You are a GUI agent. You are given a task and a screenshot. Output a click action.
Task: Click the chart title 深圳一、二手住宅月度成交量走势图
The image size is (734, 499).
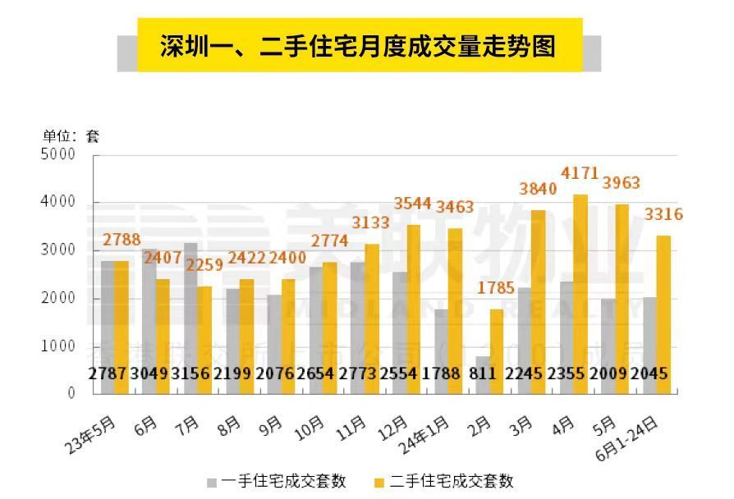tap(358, 46)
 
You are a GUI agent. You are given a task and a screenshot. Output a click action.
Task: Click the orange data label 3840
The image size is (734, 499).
tap(538, 189)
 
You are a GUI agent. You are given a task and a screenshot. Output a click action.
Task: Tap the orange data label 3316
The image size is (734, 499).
tap(663, 215)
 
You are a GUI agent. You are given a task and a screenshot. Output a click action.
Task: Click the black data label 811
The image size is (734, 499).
tap(484, 373)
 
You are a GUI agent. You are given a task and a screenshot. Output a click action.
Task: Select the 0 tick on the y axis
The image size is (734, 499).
tap(71, 394)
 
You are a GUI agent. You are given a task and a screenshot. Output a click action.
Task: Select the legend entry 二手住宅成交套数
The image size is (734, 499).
tap(443, 482)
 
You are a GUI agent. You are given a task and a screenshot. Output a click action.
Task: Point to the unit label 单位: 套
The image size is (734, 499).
tap(71, 136)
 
